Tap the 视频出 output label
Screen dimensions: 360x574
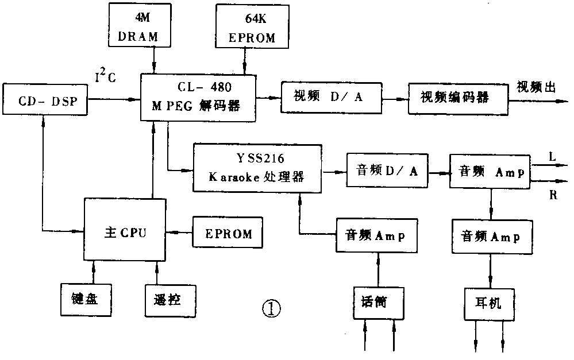(536, 87)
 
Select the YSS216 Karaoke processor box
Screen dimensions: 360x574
(257, 168)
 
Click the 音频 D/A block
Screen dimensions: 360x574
(387, 171)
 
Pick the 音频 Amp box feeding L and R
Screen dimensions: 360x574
(490, 171)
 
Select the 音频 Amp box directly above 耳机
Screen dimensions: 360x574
(491, 237)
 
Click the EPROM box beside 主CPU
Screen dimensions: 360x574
(228, 234)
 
